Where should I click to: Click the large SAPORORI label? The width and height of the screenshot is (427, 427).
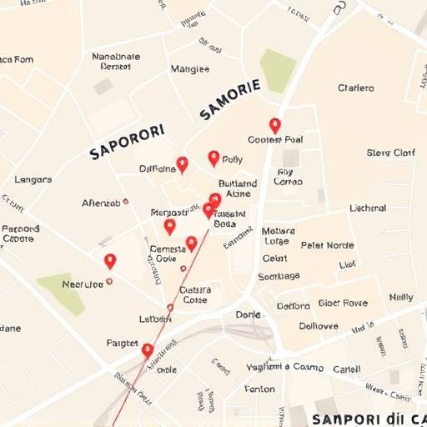click(127, 141)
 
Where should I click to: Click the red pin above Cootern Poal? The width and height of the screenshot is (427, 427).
click(275, 125)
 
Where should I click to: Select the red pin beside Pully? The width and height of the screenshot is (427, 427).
click(213, 157)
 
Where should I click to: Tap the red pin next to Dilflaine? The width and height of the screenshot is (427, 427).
click(183, 163)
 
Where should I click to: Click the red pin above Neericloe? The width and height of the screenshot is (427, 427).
click(110, 260)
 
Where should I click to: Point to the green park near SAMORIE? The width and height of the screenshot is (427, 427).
click(278, 70)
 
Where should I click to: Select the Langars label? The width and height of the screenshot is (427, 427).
click(33, 179)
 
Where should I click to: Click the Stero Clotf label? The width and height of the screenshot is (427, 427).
click(390, 153)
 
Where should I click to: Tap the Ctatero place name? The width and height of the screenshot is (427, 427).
click(356, 88)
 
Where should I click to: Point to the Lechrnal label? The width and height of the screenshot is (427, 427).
click(368, 208)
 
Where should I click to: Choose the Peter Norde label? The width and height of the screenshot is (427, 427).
click(327, 245)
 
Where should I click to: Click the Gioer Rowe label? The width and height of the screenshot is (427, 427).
click(342, 303)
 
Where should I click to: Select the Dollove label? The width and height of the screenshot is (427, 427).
click(319, 325)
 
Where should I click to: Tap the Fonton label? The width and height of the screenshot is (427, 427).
click(259, 388)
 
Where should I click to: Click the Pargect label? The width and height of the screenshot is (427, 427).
click(123, 343)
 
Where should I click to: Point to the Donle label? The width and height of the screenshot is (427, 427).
click(248, 314)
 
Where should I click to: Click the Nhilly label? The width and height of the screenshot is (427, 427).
click(401, 297)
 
